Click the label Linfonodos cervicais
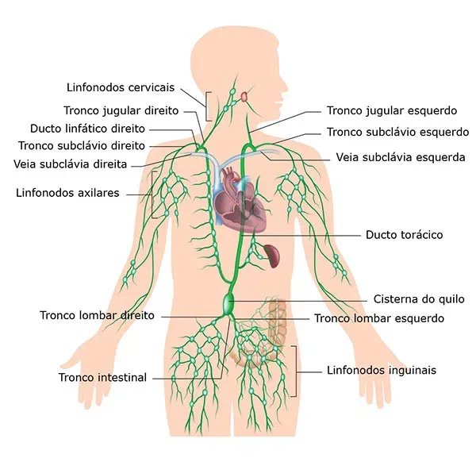click(x=121, y=87)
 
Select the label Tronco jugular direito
click(x=121, y=110)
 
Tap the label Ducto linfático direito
click(x=87, y=129)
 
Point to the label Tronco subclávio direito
click(x=82, y=146)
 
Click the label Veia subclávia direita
click(x=70, y=164)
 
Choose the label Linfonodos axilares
click(x=67, y=193)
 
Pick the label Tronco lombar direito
click(x=97, y=315)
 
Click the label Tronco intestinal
click(x=102, y=378)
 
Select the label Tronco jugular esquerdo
click(x=392, y=110)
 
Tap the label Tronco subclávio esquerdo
click(x=398, y=132)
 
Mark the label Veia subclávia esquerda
click(x=401, y=157)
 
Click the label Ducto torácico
click(x=404, y=235)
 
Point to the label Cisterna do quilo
click(x=419, y=299)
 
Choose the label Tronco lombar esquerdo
click(x=379, y=318)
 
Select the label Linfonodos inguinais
click(x=382, y=370)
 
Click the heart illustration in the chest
click(x=240, y=202)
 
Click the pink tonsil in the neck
click(x=244, y=97)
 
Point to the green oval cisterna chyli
click(x=228, y=303)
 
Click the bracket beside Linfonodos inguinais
click(x=294, y=371)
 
